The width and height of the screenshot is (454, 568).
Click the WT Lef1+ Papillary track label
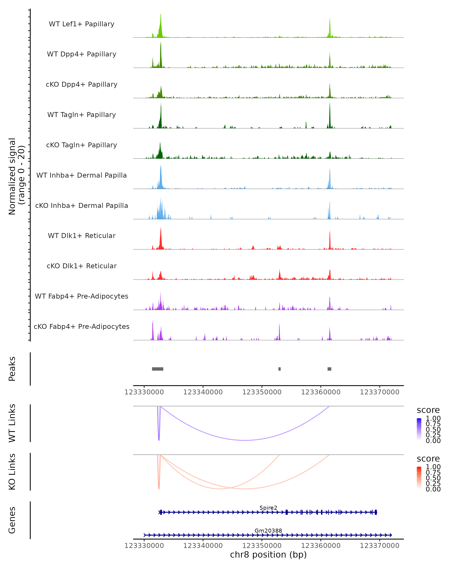click(82, 24)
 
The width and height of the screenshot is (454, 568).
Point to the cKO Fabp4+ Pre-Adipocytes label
click(82, 326)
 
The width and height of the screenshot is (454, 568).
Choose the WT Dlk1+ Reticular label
click(82, 236)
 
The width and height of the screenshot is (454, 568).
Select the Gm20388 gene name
click(268, 531)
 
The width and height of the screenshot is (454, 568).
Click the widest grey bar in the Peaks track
click(158, 369)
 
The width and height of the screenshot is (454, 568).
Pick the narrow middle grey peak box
click(280, 369)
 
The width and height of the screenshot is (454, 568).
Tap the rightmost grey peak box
click(329, 369)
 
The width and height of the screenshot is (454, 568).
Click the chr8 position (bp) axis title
click(268, 555)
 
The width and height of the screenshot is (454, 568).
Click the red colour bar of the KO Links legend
click(419, 478)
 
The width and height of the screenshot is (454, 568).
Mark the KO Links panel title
click(12, 472)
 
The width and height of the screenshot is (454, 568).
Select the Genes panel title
click(12, 520)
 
